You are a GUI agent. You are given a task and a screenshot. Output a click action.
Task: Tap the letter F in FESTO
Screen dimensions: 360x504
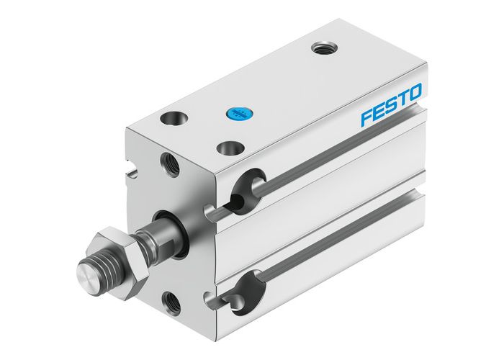[366, 117]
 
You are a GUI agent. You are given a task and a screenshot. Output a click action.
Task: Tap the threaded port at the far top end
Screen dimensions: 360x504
[321, 49]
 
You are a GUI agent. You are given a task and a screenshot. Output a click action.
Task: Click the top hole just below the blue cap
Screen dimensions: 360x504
[228, 148]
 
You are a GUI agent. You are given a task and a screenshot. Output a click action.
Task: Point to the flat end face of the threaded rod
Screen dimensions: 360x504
[85, 276]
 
